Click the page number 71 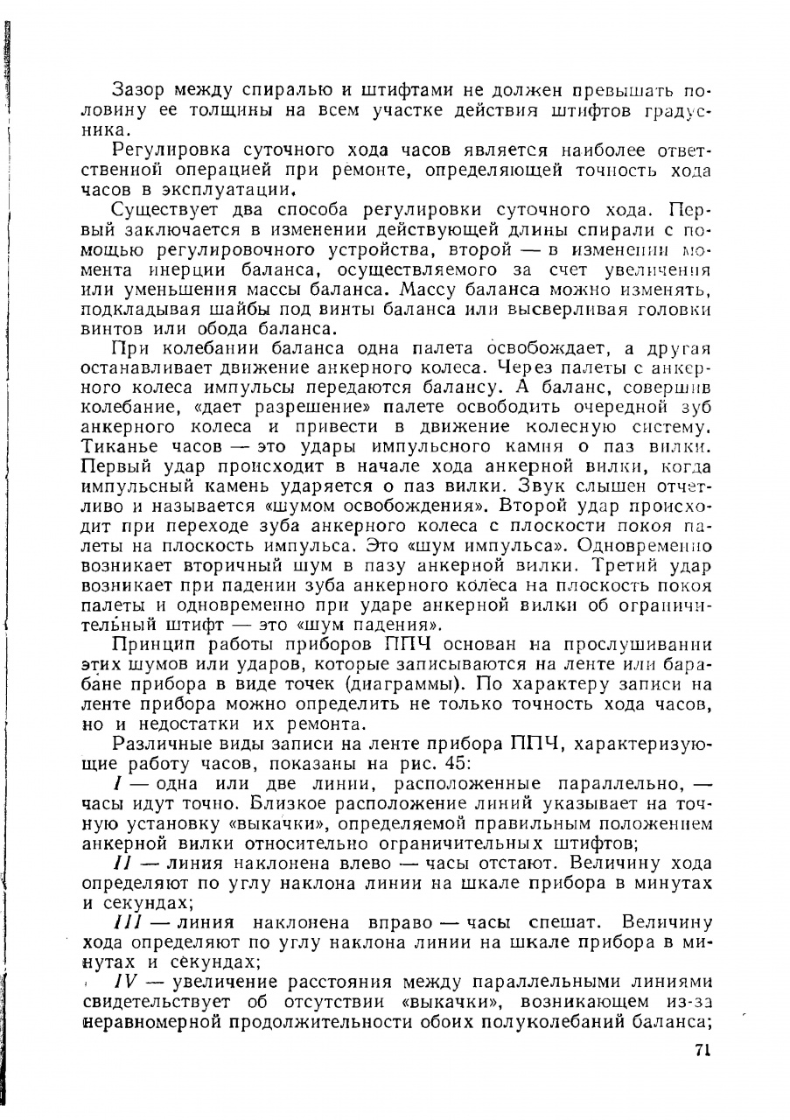[703, 1052]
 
